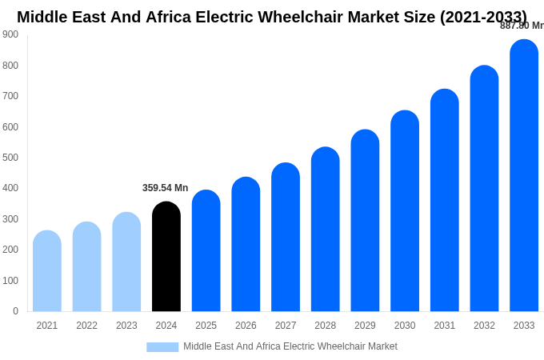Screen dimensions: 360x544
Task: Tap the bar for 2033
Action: (524, 175)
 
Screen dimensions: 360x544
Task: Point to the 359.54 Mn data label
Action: (165, 188)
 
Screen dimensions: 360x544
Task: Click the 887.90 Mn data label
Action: (522, 26)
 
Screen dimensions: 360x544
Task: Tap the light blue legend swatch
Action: (162, 347)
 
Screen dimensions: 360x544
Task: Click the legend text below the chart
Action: (290, 346)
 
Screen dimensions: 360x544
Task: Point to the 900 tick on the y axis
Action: (10, 34)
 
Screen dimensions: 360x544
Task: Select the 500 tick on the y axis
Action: (10, 158)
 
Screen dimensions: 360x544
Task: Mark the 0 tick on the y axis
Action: (15, 311)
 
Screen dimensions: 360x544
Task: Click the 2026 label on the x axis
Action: (246, 326)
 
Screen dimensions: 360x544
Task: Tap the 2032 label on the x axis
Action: (484, 326)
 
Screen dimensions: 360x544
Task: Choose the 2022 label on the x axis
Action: (86, 326)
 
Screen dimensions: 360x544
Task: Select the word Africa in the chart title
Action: (171, 17)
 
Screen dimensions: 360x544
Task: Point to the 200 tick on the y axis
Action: (10, 250)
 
